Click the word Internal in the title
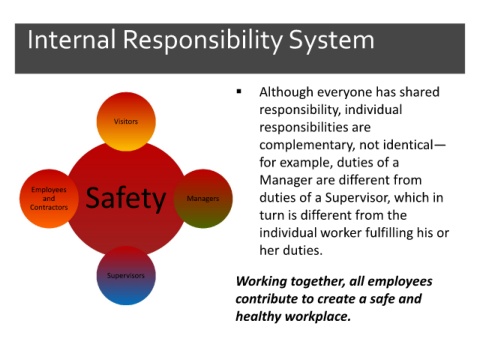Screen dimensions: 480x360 72,40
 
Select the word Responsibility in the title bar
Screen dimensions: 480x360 203,42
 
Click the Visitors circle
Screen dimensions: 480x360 126,122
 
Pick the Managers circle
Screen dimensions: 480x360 203,199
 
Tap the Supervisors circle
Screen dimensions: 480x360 126,276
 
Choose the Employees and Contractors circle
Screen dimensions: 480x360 49,199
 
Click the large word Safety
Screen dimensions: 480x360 126,199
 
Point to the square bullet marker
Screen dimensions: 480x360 239,91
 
